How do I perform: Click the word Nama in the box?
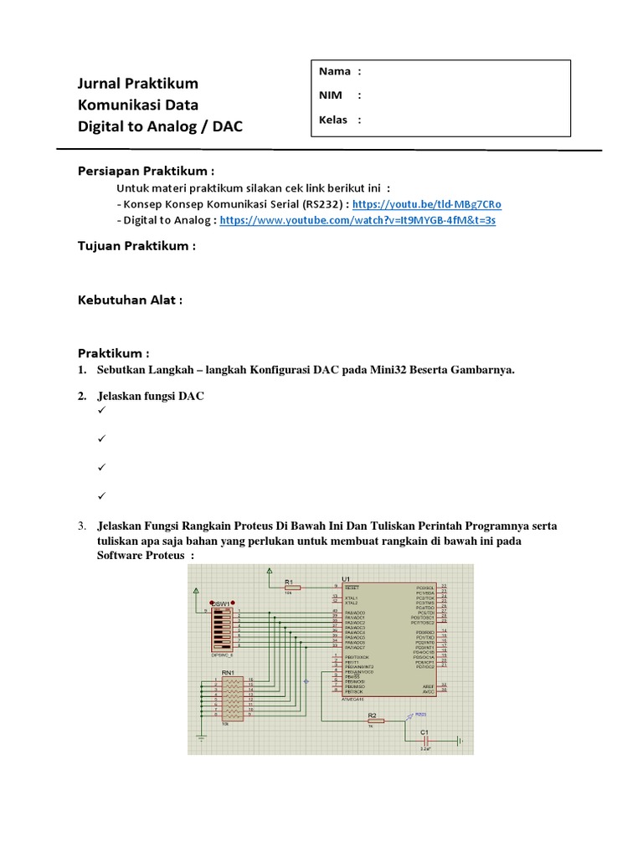click(334, 72)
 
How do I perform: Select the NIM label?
click(330, 95)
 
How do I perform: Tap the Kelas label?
click(333, 120)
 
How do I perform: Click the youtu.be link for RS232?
click(427, 204)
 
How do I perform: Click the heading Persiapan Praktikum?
click(147, 171)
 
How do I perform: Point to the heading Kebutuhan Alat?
click(130, 300)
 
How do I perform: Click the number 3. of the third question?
click(83, 526)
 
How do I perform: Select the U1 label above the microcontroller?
click(345, 579)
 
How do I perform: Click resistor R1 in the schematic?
click(290, 588)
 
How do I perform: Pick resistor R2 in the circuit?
click(373, 720)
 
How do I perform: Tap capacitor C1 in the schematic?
click(427, 740)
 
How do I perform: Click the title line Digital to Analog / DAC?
click(162, 126)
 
